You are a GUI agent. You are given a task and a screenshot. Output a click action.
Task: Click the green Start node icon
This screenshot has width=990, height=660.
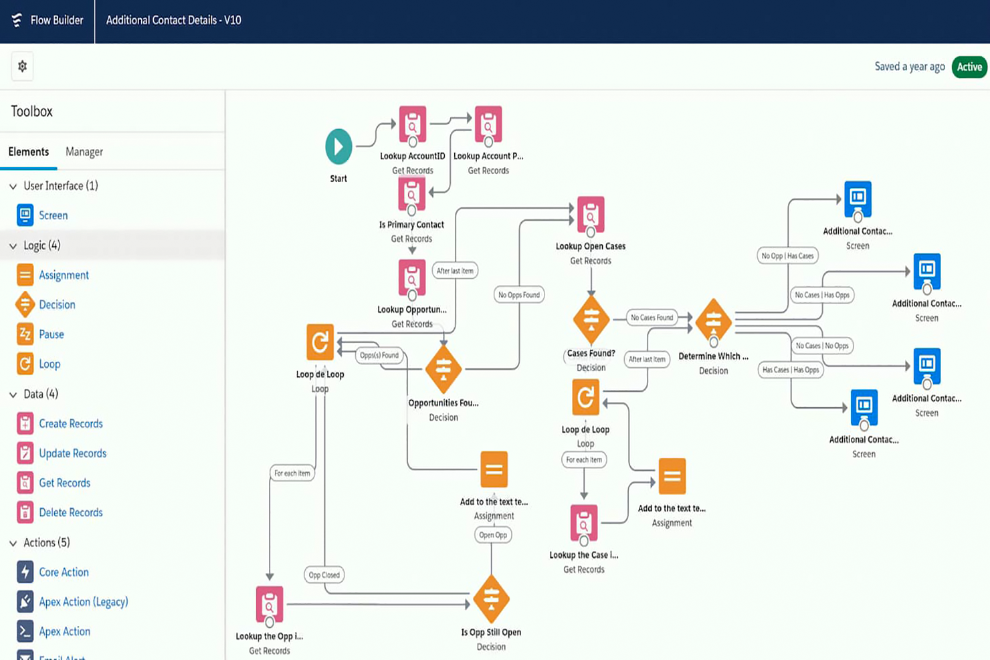tap(338, 146)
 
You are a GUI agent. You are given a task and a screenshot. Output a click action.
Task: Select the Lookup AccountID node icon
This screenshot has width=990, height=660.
tap(413, 124)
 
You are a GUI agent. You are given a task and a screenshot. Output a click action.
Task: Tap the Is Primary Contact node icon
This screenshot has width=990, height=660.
tap(412, 195)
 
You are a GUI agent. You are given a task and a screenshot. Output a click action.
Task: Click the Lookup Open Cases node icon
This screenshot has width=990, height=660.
tap(591, 215)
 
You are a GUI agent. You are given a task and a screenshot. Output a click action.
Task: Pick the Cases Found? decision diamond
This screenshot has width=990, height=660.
tap(591, 319)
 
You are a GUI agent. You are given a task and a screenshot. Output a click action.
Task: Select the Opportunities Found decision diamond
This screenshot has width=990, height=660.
tap(443, 369)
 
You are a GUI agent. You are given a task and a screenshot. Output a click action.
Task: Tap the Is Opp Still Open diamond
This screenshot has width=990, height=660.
tap(491, 598)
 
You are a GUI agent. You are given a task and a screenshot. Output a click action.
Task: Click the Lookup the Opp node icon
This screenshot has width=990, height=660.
tap(270, 604)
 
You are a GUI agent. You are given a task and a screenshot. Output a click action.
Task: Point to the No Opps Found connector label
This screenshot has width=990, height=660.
tap(519, 295)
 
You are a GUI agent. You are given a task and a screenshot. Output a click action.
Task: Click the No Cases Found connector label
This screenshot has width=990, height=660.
tap(652, 318)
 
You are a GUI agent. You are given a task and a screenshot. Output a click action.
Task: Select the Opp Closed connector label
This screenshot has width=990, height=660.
tap(324, 575)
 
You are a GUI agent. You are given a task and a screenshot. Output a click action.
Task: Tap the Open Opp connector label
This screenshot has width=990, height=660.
tap(493, 535)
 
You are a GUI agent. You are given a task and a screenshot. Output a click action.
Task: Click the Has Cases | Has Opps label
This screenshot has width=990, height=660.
tap(791, 370)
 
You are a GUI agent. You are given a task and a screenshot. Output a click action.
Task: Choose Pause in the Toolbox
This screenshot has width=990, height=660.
tap(51, 334)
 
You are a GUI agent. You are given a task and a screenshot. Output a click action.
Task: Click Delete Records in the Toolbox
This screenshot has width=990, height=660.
tap(70, 512)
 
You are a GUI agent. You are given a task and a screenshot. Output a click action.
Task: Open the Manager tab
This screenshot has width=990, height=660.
tap(84, 152)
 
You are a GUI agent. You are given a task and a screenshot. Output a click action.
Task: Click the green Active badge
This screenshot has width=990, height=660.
tap(969, 67)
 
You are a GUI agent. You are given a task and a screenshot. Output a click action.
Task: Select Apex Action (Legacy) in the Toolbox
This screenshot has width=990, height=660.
tap(83, 602)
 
